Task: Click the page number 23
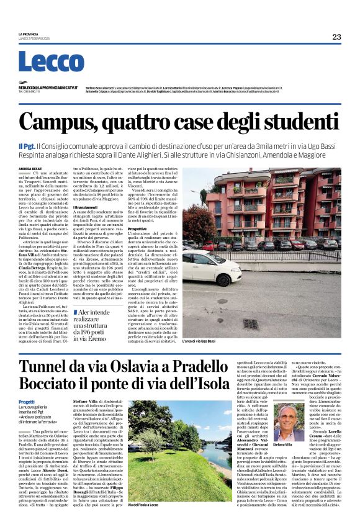tap(336, 37)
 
